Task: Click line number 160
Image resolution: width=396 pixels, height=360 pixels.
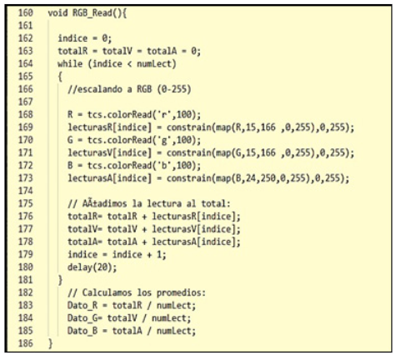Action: (26, 12)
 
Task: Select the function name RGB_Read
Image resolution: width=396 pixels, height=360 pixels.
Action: (93, 13)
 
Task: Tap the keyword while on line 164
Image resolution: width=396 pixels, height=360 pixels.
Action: (70, 64)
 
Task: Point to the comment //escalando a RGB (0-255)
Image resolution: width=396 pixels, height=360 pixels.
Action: (129, 89)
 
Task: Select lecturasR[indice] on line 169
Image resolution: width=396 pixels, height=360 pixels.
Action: (110, 127)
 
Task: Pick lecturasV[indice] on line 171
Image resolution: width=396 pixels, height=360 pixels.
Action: (110, 153)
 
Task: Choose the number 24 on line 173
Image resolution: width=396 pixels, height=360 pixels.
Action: (250, 178)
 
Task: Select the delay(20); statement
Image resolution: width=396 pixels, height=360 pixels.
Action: (92, 267)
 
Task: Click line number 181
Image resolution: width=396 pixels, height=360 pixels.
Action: (26, 280)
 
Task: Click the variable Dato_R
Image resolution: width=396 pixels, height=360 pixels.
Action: (83, 305)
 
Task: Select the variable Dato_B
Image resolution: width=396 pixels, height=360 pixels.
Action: (83, 331)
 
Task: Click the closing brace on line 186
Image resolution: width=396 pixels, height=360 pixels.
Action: (50, 343)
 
